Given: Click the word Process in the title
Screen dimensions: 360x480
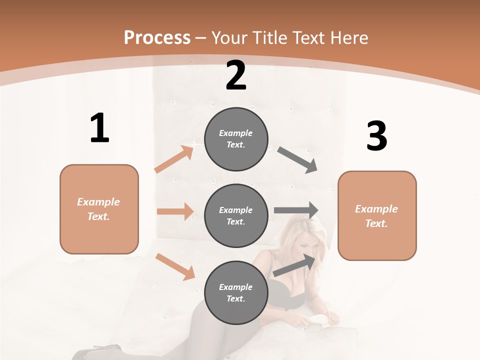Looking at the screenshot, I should (x=157, y=38).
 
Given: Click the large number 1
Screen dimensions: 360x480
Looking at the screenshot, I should (x=99, y=128).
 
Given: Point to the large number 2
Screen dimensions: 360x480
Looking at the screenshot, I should (x=236, y=76).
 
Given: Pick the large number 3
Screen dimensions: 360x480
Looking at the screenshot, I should (x=376, y=137).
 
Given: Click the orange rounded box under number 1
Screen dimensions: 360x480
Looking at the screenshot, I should (x=99, y=209).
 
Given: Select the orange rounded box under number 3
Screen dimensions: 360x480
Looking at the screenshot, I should (x=377, y=215).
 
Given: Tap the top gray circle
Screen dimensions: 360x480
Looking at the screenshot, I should (x=236, y=139).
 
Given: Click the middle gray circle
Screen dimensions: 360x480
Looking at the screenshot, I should (x=236, y=215).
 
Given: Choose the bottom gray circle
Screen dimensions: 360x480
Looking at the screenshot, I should (x=236, y=292).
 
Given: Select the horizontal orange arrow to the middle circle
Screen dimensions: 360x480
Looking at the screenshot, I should (x=175, y=211).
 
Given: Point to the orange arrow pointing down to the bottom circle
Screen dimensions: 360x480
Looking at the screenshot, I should (x=175, y=266).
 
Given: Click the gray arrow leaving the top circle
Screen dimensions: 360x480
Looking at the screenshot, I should (x=297, y=159).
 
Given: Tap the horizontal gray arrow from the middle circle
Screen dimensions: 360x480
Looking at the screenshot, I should (x=296, y=210).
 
